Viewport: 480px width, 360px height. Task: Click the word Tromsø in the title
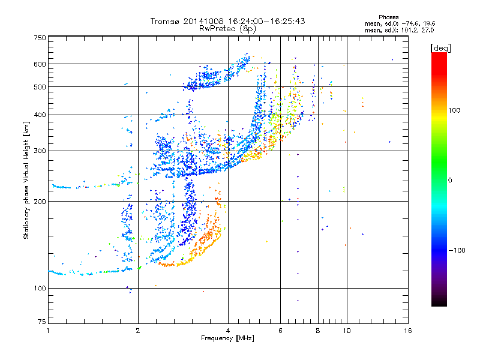pyautogui.click(x=165, y=21)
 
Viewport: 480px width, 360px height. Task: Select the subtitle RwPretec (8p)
pyautogui.click(x=227, y=29)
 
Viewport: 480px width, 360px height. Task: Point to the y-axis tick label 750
pyautogui.click(x=40, y=38)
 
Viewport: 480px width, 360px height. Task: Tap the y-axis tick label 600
pyautogui.click(x=40, y=64)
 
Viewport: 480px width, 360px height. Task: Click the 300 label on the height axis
pyautogui.click(x=40, y=151)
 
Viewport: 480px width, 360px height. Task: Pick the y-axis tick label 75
pyautogui.click(x=42, y=322)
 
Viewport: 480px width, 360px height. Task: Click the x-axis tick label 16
pyautogui.click(x=408, y=331)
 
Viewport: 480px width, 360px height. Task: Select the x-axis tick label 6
pyautogui.click(x=280, y=331)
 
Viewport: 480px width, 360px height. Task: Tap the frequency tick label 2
pyautogui.click(x=138, y=331)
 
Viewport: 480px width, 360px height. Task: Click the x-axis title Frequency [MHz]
pyautogui.click(x=227, y=338)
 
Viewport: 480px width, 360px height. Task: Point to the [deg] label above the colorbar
pyautogui.click(x=440, y=48)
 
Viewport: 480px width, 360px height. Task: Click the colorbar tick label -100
pyautogui.click(x=457, y=250)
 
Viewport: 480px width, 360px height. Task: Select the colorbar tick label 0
pyautogui.click(x=450, y=181)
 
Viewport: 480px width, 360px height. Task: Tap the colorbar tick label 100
pyautogui.click(x=454, y=110)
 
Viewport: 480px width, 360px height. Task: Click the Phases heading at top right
pyautogui.click(x=388, y=17)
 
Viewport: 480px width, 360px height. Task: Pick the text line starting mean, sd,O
pyautogui.click(x=400, y=23)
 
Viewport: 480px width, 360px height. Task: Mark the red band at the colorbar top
pyautogui.click(x=439, y=61)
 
